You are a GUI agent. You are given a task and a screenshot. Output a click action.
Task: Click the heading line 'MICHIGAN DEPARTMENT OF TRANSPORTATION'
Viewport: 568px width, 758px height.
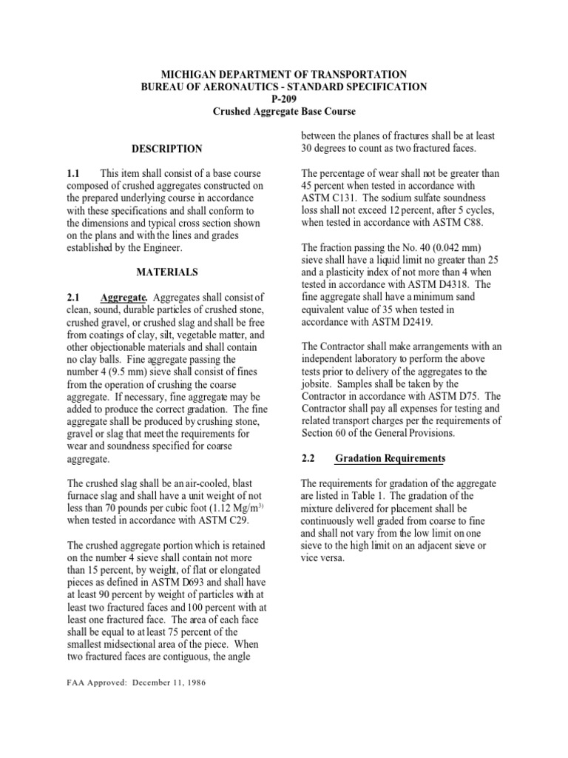click(x=284, y=74)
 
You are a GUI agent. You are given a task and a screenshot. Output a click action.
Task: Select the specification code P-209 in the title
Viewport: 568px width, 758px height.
click(x=284, y=99)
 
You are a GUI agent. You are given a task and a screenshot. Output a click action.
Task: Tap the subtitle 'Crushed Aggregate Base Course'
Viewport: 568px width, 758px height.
click(x=284, y=112)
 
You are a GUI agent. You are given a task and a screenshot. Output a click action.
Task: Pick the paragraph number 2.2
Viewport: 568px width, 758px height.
click(x=309, y=458)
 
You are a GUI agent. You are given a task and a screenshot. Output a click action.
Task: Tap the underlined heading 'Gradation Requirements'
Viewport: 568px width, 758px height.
click(x=390, y=458)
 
